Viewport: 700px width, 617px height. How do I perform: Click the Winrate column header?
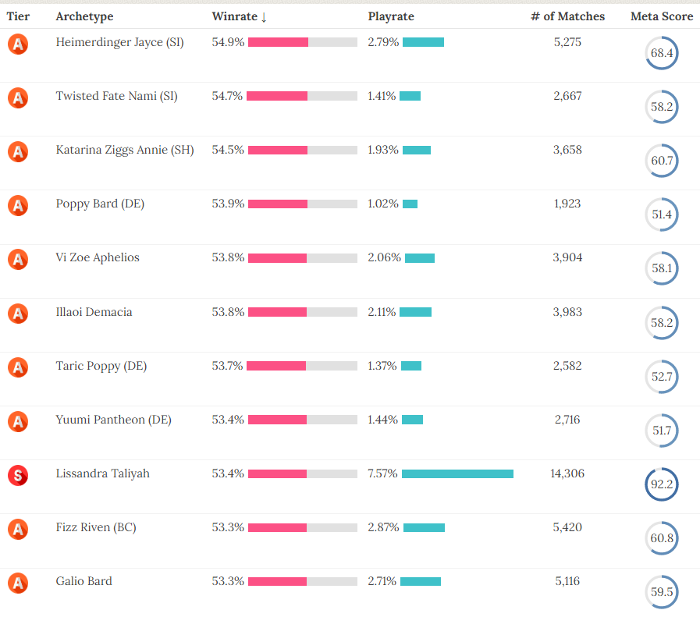click(239, 16)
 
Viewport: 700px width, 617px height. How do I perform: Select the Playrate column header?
click(391, 16)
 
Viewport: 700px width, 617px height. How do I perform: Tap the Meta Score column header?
click(662, 16)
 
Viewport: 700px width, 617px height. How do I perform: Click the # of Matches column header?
click(567, 16)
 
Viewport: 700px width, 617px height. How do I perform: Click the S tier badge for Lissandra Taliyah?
click(18, 475)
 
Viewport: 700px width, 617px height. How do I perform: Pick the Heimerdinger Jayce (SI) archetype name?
click(120, 42)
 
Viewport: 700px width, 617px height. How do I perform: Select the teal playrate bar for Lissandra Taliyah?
click(457, 473)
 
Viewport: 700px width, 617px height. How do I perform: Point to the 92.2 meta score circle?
click(662, 484)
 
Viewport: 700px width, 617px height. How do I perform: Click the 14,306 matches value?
click(567, 473)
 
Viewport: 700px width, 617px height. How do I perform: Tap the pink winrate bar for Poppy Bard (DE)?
click(277, 204)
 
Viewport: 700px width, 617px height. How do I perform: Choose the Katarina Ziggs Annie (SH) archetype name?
click(125, 150)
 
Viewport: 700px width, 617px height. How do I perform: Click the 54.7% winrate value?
click(227, 96)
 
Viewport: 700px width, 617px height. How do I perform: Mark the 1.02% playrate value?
click(382, 204)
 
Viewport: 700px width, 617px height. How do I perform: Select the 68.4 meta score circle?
click(662, 54)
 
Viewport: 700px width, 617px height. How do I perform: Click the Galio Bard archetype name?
click(84, 581)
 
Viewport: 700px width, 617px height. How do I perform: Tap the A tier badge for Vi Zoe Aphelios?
click(18, 260)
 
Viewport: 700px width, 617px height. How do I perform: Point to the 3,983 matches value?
click(567, 312)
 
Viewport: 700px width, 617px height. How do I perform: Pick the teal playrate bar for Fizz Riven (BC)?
click(424, 527)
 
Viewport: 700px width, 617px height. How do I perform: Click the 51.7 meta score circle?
click(662, 431)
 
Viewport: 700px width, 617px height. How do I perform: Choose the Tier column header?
click(18, 16)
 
